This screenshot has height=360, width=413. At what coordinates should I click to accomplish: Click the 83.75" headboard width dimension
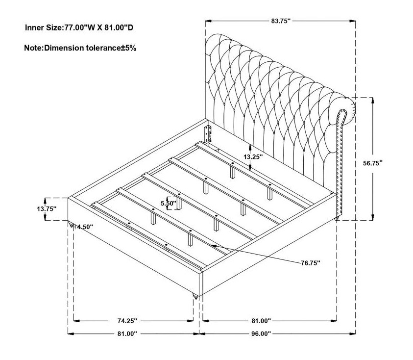[281, 21]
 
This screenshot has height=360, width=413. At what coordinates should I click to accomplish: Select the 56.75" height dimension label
[373, 163]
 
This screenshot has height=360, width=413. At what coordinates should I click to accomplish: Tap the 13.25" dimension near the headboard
[253, 157]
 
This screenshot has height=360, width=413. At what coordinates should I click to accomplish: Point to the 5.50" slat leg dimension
[169, 204]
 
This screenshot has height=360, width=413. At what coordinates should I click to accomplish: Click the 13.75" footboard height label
[47, 209]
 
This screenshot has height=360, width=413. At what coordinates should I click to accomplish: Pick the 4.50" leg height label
[85, 227]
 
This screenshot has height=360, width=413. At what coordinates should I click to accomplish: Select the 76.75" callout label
[311, 263]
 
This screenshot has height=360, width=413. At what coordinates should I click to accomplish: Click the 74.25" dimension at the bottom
[127, 321]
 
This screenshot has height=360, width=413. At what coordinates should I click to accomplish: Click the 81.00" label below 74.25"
[127, 334]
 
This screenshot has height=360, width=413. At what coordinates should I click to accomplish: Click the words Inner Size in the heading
[43, 27]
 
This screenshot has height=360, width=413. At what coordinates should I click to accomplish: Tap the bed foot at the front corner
[195, 297]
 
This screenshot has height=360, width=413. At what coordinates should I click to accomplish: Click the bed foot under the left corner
[71, 225]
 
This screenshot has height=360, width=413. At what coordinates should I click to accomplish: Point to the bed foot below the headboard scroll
[337, 218]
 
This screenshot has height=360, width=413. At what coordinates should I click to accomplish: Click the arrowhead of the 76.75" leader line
[214, 246]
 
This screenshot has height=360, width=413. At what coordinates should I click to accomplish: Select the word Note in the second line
[33, 48]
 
